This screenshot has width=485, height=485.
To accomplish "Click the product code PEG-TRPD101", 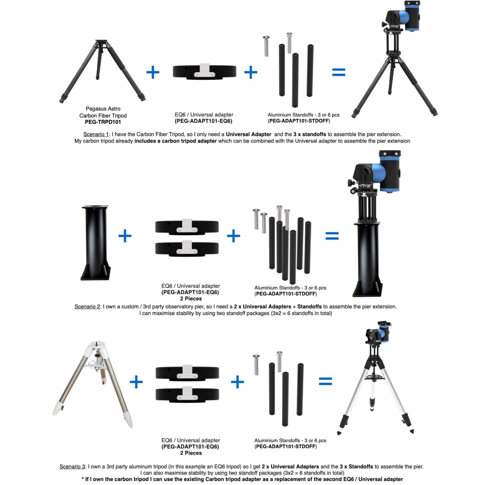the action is point(103,122).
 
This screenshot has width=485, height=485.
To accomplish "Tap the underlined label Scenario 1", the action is point(96,134).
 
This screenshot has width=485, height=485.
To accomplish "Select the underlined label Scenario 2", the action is point(87,307).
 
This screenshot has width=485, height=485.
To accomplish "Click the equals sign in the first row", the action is point(339,72).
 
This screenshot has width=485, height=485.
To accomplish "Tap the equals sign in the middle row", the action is point(332,236).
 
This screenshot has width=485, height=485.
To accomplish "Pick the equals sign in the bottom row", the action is point(326,382).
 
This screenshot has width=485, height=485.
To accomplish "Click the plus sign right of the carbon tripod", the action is point(153,72).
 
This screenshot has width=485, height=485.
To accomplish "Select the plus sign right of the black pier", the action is point(125,236).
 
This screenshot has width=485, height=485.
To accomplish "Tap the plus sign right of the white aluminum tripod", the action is point(136,382).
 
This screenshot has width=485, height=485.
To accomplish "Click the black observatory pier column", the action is point(95,242).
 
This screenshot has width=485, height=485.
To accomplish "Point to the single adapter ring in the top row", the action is point(204,71).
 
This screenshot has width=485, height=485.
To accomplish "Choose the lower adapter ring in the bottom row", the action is point(187,394).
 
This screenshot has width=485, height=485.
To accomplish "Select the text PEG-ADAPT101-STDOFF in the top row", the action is point(299,121).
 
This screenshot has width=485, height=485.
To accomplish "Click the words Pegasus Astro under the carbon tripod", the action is point(103,109).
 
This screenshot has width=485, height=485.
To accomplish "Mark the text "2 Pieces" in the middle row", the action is point(191,299).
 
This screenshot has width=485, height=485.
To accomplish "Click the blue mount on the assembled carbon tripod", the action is point(402,16).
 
